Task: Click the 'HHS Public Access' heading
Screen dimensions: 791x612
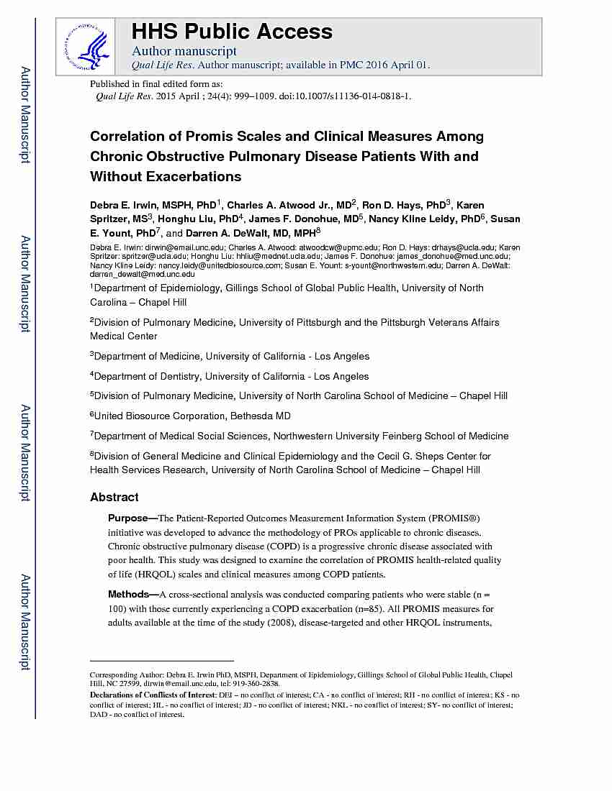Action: pos(232,32)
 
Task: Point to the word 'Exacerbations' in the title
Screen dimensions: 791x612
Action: pos(190,177)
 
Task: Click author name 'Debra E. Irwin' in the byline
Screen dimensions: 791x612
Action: pos(121,205)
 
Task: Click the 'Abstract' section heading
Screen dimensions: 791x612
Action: pos(114,497)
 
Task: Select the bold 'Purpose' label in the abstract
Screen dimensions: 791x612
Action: pos(128,518)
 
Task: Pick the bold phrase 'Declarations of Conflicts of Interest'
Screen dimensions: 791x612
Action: pos(152,695)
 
